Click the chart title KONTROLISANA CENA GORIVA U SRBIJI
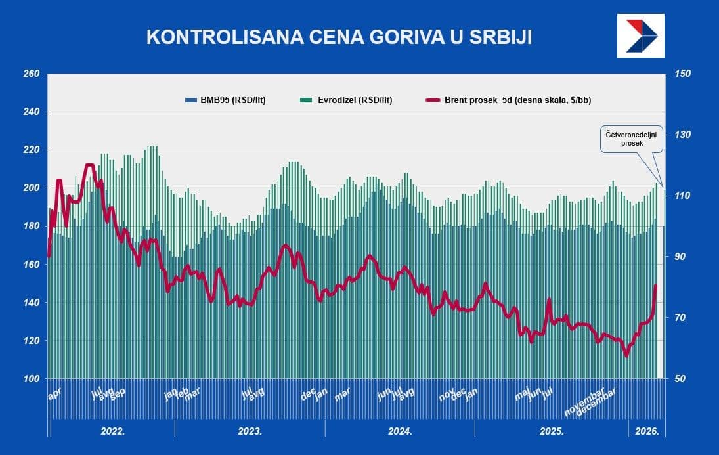pyautogui.click(x=339, y=37)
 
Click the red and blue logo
pyautogui.click(x=641, y=35)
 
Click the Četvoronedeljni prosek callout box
pyautogui.click(x=626, y=138)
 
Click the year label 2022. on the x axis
pyautogui.click(x=112, y=431)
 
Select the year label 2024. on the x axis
pyautogui.click(x=400, y=431)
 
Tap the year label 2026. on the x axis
pyautogui.click(x=647, y=431)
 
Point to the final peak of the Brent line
pyautogui.click(x=655, y=286)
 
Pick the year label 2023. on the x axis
pyautogui.click(x=250, y=431)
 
